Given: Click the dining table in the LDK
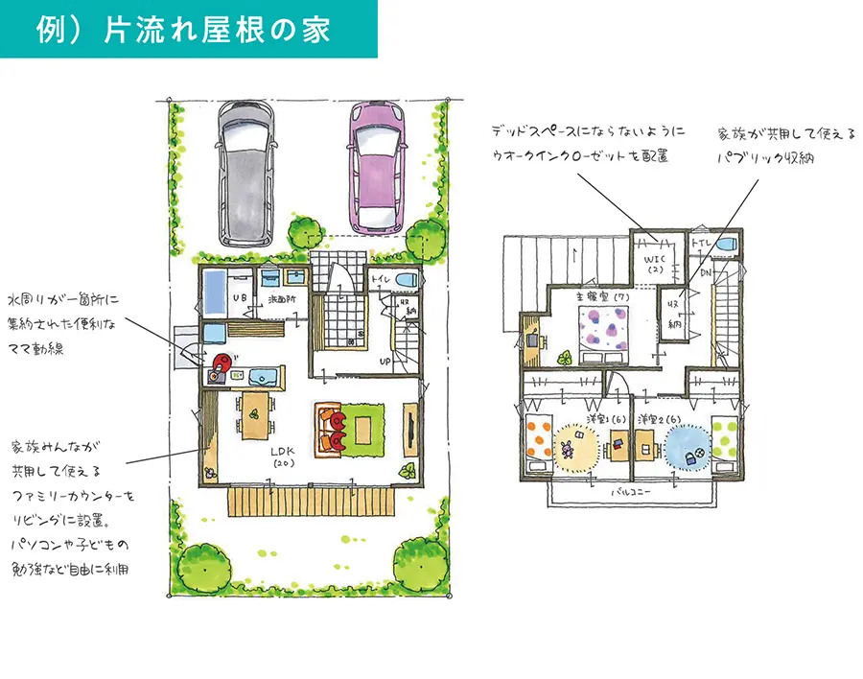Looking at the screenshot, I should [x=255, y=414].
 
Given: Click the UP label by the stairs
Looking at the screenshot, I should [x=384, y=363].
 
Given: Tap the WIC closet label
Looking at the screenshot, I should [x=655, y=264].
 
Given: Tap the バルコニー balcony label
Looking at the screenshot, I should [x=630, y=489].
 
